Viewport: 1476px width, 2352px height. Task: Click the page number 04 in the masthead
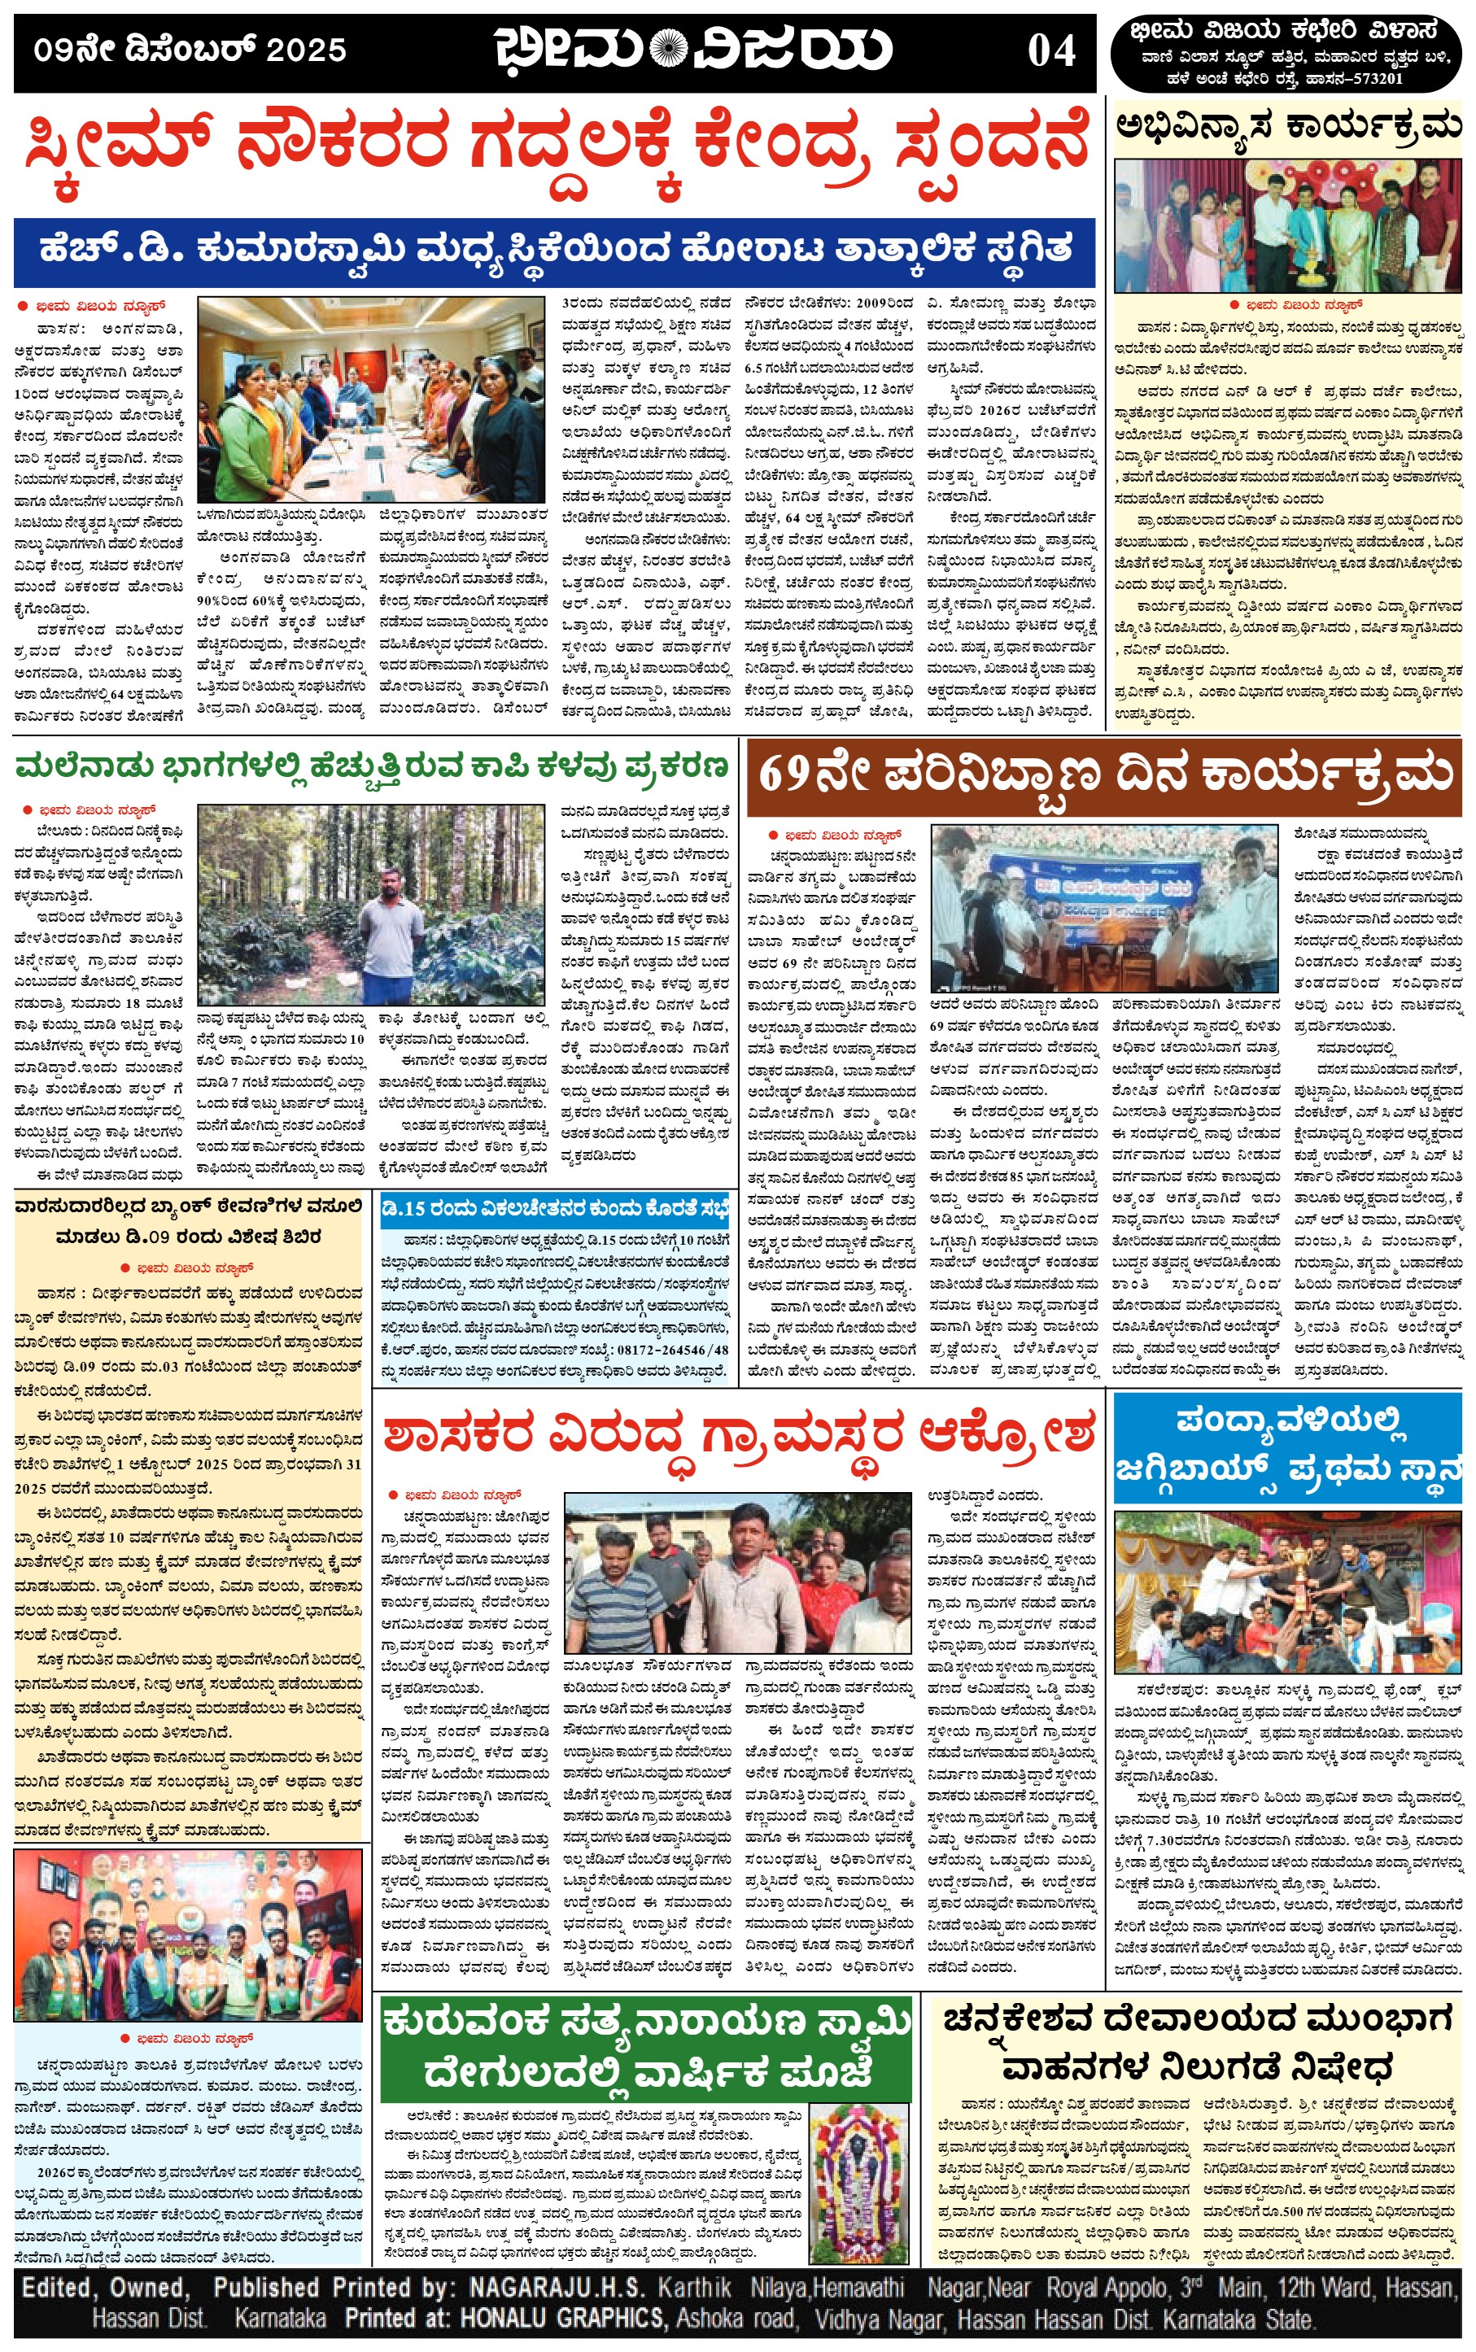click(1051, 50)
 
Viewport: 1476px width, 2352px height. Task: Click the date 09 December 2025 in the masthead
click(190, 50)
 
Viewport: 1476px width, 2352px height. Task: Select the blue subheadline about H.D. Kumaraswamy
click(554, 251)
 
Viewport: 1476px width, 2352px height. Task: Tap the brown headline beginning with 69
click(1103, 776)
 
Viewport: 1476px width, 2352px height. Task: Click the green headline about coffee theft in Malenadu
click(371, 767)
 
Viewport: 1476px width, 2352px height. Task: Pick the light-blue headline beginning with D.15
click(554, 1209)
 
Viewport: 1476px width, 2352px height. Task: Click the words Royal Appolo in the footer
click(1106, 2289)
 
